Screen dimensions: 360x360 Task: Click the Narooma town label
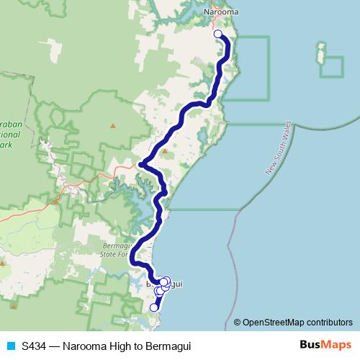click(220, 12)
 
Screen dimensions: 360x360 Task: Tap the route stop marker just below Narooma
click(218, 33)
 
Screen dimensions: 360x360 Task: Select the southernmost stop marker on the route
click(153, 307)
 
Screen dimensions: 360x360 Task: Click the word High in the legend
click(119, 346)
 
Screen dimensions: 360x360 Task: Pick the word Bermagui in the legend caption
click(169, 346)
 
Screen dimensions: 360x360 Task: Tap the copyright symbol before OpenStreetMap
click(238, 322)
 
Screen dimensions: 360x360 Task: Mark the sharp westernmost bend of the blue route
click(140, 164)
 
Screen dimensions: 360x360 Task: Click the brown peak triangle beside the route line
click(164, 151)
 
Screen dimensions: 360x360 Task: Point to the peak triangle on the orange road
click(55, 202)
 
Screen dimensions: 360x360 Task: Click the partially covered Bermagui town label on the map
click(173, 284)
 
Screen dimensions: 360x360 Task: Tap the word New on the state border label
click(269, 169)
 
